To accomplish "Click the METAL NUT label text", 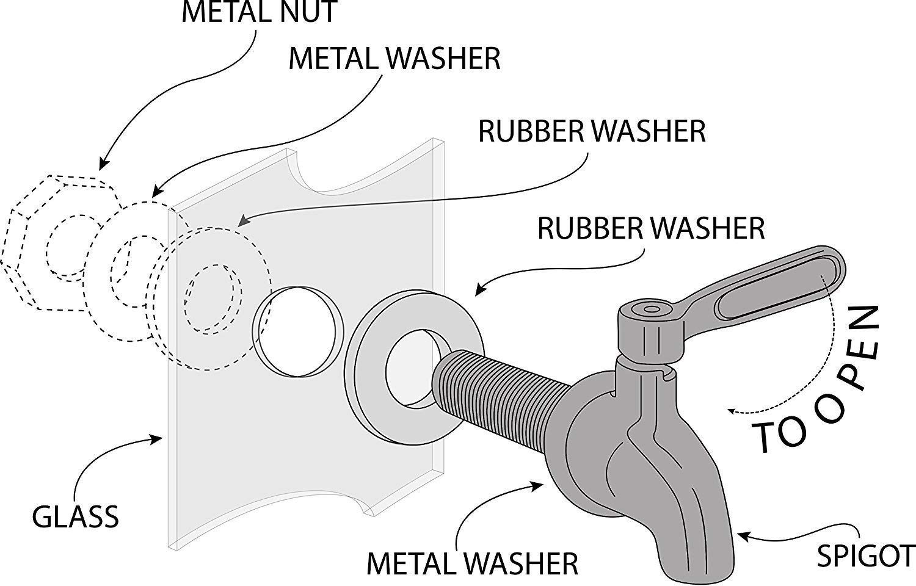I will coord(260,12).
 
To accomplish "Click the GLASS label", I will coord(75,517).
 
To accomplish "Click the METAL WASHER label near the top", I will coord(394,59).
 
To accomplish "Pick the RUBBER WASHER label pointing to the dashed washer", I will coord(592,131).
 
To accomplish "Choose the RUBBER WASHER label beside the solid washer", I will coord(651,228).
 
